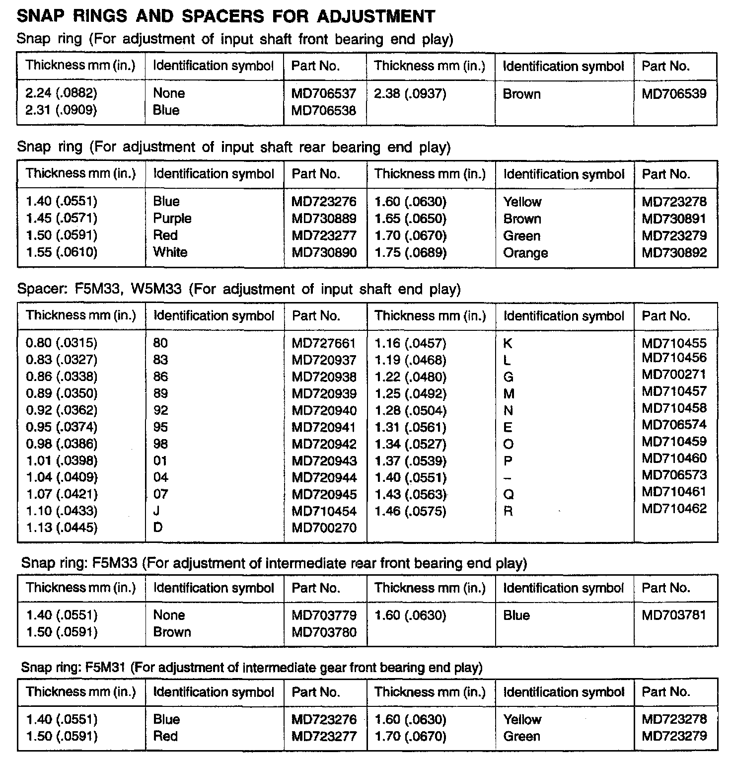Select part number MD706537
[x=324, y=93]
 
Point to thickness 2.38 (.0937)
[x=410, y=94]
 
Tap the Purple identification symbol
[x=172, y=219]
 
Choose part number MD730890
[x=324, y=252]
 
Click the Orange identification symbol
[x=525, y=253]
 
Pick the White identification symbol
[x=170, y=252]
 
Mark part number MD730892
[x=674, y=253]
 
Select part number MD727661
[x=324, y=343]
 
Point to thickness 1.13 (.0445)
[x=62, y=528]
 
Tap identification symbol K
[x=508, y=344]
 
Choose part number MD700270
[x=324, y=528]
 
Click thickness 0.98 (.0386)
[x=62, y=444]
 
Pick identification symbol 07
[x=160, y=494]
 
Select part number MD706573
[x=674, y=475]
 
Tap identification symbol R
[x=508, y=511]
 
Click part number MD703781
[x=674, y=615]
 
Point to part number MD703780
[x=324, y=632]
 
